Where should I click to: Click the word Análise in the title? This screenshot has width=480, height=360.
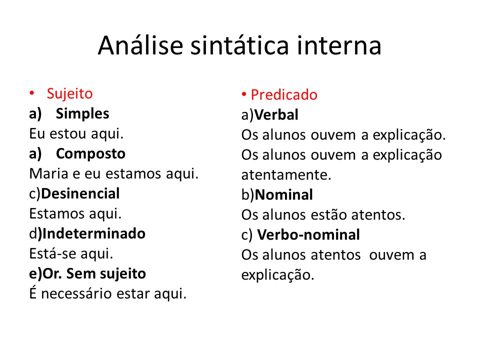coord(140,45)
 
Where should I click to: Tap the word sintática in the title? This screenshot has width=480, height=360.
coord(239,45)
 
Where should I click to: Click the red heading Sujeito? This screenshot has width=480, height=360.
coord(69,93)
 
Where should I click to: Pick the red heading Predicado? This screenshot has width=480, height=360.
coord(284,94)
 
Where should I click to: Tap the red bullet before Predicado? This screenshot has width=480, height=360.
coord(244,94)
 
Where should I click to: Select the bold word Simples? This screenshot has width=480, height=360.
coord(82,114)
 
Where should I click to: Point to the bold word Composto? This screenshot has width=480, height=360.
coord(90,153)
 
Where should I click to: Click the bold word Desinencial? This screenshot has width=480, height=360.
coord(80,193)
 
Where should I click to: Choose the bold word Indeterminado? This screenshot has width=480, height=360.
coord(93,233)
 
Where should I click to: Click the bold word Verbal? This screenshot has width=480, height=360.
coord(276,115)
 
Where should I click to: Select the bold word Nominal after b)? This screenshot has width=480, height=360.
coord(283,195)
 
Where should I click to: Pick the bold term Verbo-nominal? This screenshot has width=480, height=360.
coord(308,235)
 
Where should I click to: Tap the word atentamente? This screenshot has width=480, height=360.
coord(286,175)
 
